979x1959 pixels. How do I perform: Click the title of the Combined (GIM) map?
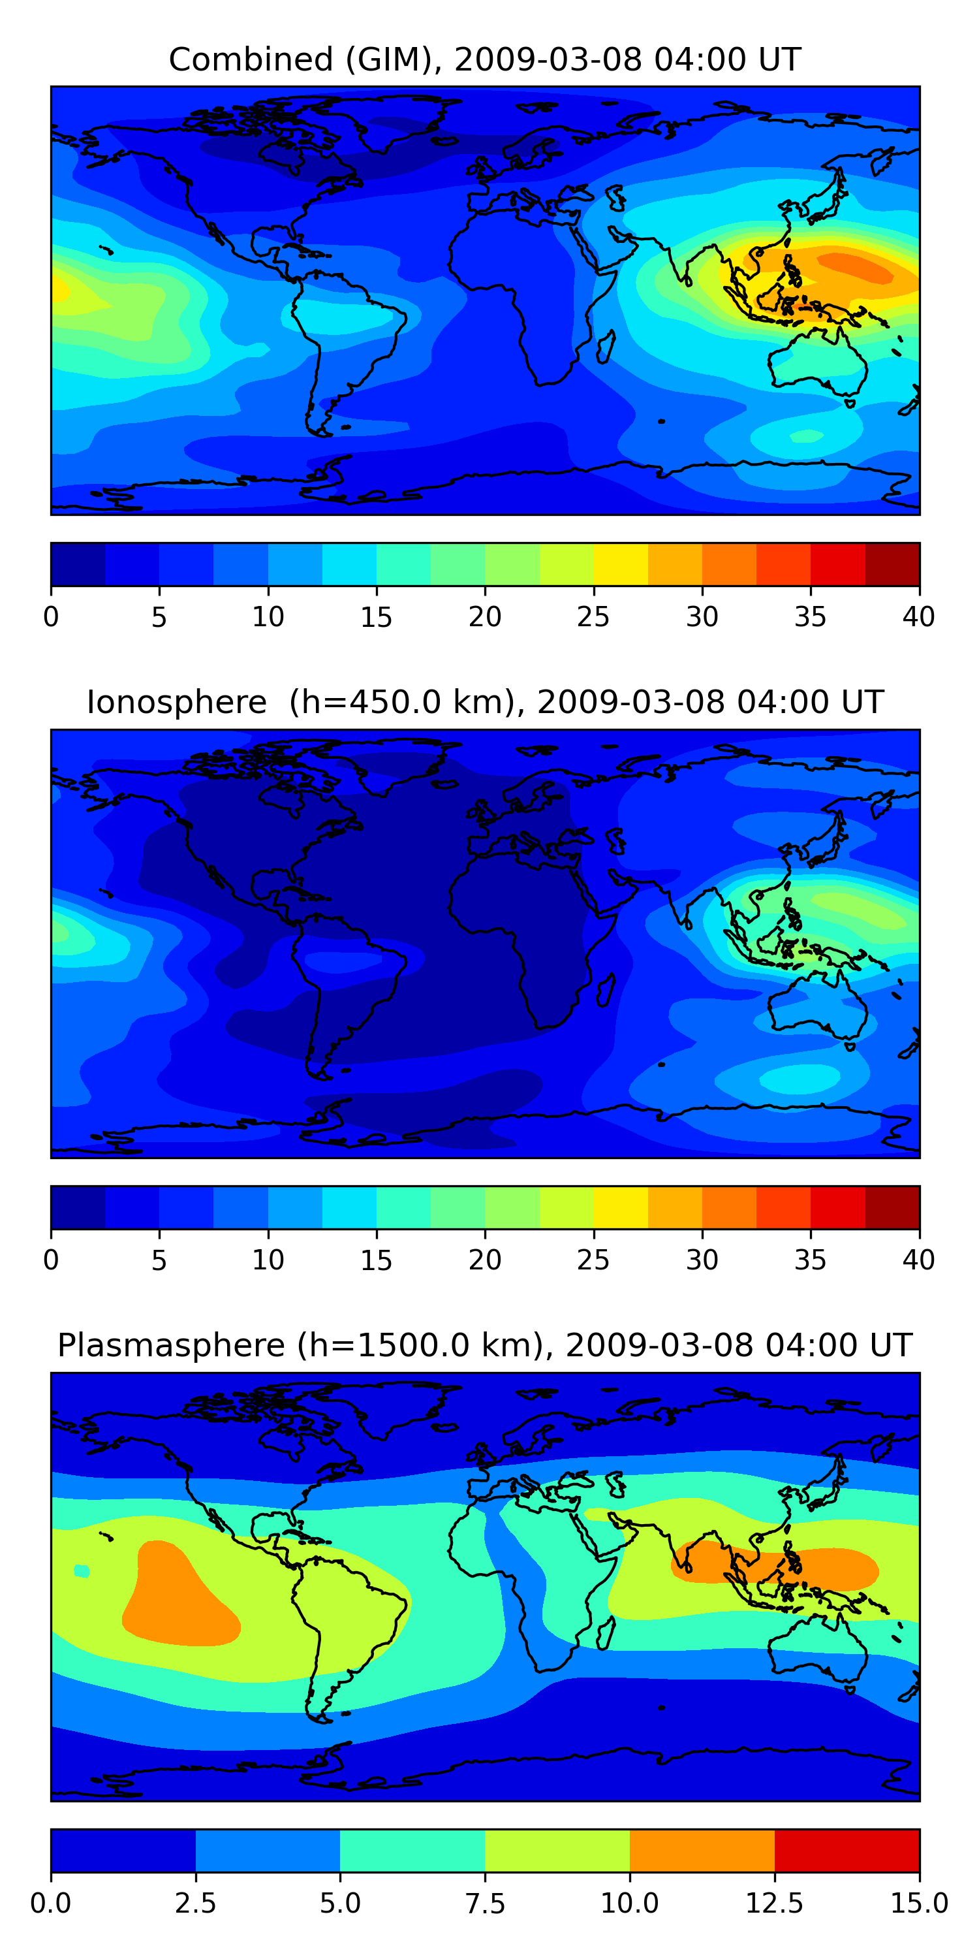[485, 59]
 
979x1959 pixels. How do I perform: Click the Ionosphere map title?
[485, 702]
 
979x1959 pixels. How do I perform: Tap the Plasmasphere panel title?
[485, 1345]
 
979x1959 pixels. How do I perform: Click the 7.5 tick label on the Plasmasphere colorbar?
[485, 1903]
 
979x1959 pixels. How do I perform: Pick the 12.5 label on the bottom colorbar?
[774, 1903]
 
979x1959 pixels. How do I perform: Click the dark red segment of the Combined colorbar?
[892, 564]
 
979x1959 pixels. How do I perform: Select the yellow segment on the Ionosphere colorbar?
[620, 1207]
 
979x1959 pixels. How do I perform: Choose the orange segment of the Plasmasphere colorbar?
[702, 1850]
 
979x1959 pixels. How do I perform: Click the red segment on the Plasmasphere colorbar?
[847, 1850]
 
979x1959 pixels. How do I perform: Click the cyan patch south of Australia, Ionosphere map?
[800, 1077]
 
